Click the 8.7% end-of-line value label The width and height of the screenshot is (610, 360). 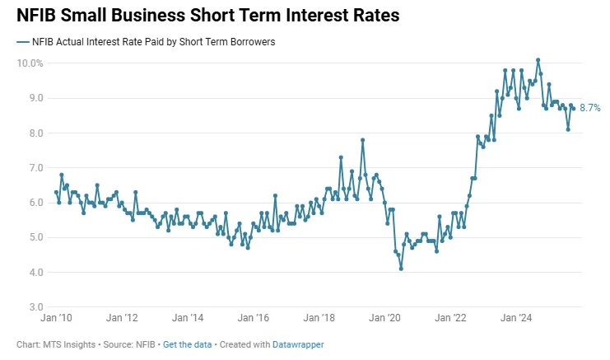(x=590, y=108)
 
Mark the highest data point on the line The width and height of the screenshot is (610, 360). (x=538, y=59)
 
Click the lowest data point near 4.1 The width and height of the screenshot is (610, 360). (x=401, y=269)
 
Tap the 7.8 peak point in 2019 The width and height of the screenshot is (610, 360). (x=362, y=140)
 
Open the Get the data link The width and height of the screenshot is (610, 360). (x=184, y=344)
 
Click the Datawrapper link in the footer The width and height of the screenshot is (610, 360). (x=298, y=344)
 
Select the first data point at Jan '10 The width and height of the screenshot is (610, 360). (x=56, y=192)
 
